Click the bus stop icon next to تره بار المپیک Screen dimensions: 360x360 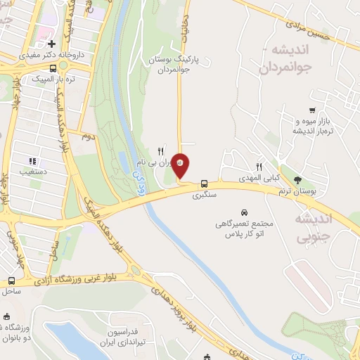click(x=54, y=69)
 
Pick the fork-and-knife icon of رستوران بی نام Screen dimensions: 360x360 click(x=160, y=151)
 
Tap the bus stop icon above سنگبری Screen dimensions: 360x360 click(x=204, y=180)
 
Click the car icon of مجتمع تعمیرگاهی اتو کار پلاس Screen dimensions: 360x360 click(x=243, y=212)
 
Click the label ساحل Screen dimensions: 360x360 click(x=11, y=290)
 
